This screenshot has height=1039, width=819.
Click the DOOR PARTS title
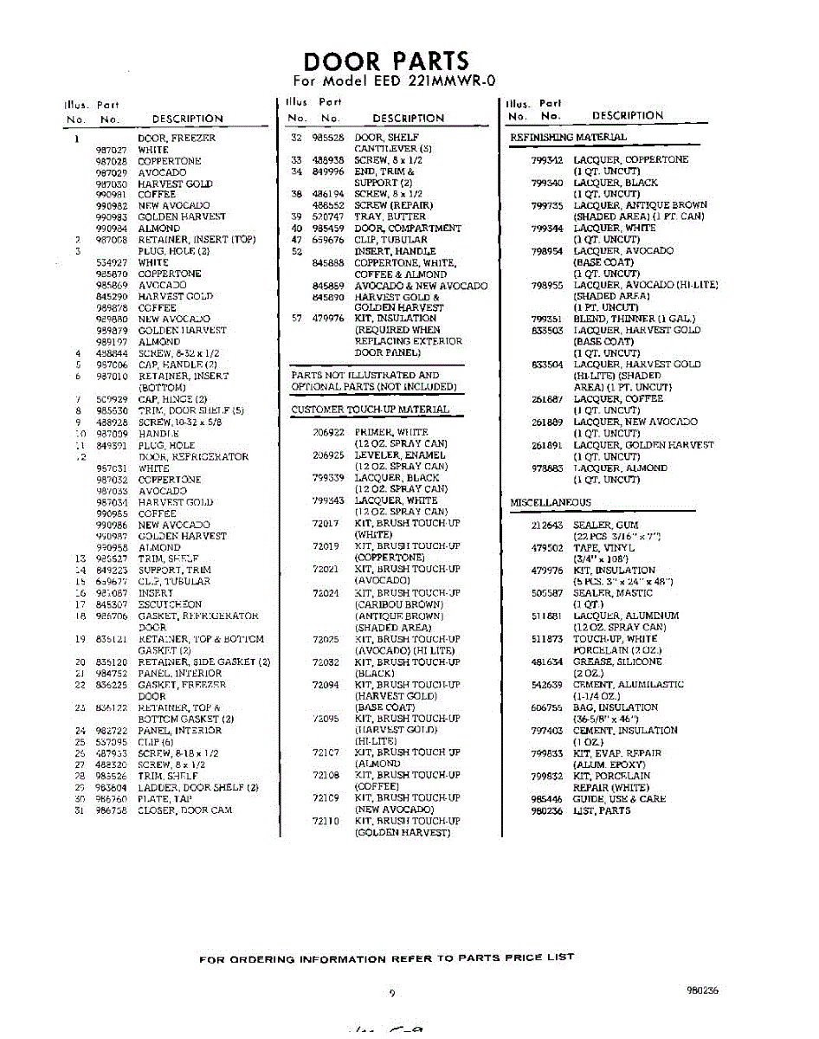(386, 61)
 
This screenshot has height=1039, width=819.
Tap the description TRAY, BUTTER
(390, 216)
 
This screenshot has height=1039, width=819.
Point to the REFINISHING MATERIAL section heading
(568, 137)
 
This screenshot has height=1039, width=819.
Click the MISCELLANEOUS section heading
(551, 502)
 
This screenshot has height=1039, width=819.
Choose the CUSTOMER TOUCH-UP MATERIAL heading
(370, 409)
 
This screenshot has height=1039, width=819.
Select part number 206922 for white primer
(328, 431)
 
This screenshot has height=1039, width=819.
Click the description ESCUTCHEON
(170, 604)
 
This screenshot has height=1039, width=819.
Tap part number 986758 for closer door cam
(111, 810)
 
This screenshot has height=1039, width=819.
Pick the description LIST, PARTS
(602, 810)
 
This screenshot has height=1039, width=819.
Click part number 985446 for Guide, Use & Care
(546, 799)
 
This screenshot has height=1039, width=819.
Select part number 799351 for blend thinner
(546, 319)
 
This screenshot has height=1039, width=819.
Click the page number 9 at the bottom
(392, 994)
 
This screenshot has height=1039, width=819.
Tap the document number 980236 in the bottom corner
(701, 991)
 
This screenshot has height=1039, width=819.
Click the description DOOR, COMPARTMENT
(408, 229)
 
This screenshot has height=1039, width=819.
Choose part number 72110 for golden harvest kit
(326, 821)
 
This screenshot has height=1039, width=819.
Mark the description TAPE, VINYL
(603, 548)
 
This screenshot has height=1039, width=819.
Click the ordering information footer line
(386, 958)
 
